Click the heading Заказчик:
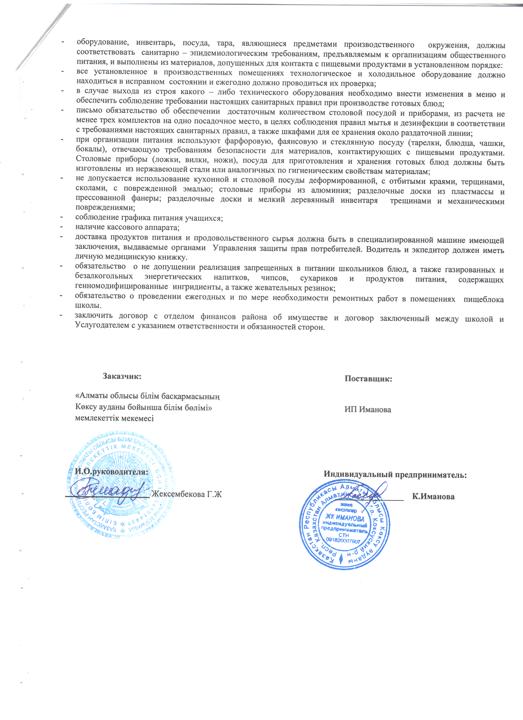tap(122, 376)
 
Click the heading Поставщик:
tap(368, 379)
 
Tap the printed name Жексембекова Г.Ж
tap(186, 494)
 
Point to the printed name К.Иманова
tap(433, 496)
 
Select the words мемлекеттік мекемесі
tap(114, 418)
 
